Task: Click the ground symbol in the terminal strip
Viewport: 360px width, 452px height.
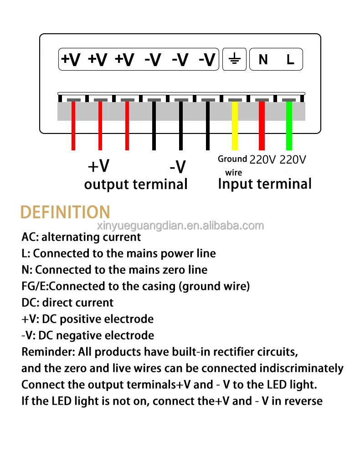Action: click(x=234, y=59)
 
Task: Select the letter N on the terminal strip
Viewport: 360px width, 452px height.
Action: click(x=263, y=60)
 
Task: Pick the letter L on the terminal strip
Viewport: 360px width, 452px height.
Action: click(x=290, y=60)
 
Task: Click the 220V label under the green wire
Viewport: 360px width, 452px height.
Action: click(x=293, y=159)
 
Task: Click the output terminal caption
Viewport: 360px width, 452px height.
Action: click(x=136, y=185)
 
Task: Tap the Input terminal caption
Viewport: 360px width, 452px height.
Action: click(x=265, y=184)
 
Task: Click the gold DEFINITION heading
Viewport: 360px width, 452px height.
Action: click(x=66, y=212)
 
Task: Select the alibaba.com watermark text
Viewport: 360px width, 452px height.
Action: click(x=180, y=226)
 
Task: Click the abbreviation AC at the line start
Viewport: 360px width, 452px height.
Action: click(x=29, y=237)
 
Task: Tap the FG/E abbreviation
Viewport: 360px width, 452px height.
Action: click(x=34, y=286)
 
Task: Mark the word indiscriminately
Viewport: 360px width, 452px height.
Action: click(x=301, y=368)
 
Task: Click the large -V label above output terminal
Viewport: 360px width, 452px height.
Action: click(x=177, y=167)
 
